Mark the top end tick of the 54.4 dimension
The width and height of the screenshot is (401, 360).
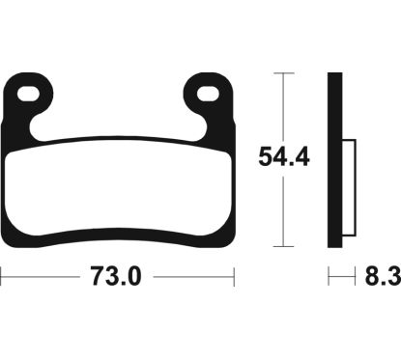click(282, 73)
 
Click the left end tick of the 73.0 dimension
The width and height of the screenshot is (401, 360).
click(2, 278)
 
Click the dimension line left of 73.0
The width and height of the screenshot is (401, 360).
click(39, 278)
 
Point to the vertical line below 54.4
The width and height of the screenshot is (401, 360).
click(282, 208)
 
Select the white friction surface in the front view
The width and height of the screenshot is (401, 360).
click(121, 188)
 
